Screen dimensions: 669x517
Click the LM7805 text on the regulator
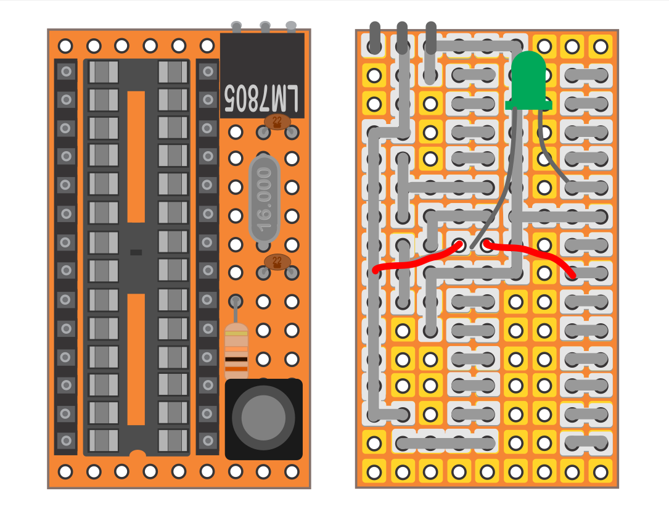point(261,99)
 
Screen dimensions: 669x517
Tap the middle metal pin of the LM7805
point(265,27)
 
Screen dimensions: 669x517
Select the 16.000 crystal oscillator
point(264,199)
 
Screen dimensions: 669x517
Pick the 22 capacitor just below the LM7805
point(277,122)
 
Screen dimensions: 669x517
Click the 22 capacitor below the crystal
point(277,262)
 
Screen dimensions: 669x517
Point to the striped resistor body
point(236,352)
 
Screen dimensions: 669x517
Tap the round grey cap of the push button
point(263,418)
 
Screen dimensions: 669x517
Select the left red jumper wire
point(417,258)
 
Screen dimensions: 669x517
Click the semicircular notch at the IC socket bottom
point(137,453)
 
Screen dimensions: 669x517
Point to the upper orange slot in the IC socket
point(136,157)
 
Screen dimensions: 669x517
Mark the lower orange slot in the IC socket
point(136,359)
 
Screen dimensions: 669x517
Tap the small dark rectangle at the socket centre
point(136,252)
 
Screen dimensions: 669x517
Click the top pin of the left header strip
point(66,72)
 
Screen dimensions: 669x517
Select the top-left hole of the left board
point(65,46)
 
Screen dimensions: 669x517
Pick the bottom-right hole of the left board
point(292,472)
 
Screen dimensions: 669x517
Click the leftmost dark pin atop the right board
point(375,38)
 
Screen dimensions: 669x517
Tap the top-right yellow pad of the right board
point(601,46)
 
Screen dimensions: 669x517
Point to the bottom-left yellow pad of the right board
point(374,472)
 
